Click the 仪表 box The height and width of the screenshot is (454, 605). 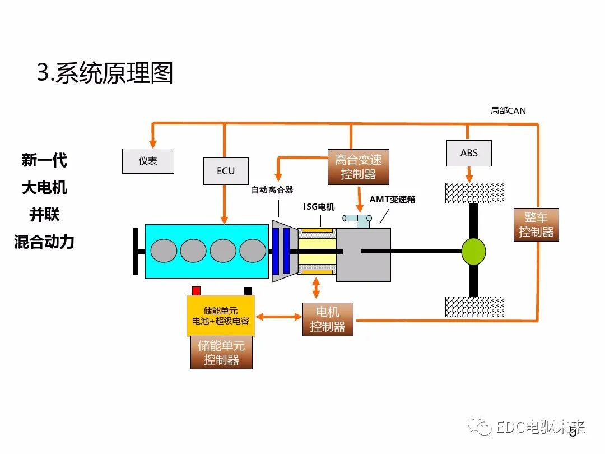(x=148, y=161)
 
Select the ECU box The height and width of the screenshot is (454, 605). (x=226, y=171)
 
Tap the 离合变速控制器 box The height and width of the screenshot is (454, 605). (x=359, y=167)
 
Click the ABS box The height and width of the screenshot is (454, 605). (x=469, y=153)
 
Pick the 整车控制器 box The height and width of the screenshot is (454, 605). (x=536, y=225)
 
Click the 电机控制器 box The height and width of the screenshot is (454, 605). (x=328, y=319)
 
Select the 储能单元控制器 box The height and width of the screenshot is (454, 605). (x=221, y=353)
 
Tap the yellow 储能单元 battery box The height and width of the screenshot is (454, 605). (x=221, y=316)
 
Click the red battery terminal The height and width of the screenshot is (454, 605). (x=196, y=290)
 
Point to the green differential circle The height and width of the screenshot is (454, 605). (x=473, y=252)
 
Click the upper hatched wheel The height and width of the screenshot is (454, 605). (x=474, y=193)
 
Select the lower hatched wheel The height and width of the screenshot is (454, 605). (x=474, y=307)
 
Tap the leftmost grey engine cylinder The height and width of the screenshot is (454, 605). (x=164, y=251)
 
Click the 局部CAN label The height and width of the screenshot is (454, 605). (x=508, y=111)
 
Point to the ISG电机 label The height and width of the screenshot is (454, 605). (x=319, y=207)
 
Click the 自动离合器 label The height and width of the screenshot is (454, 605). (x=272, y=190)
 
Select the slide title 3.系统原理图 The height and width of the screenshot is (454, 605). (x=105, y=73)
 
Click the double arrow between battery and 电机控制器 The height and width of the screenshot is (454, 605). (x=278, y=317)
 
